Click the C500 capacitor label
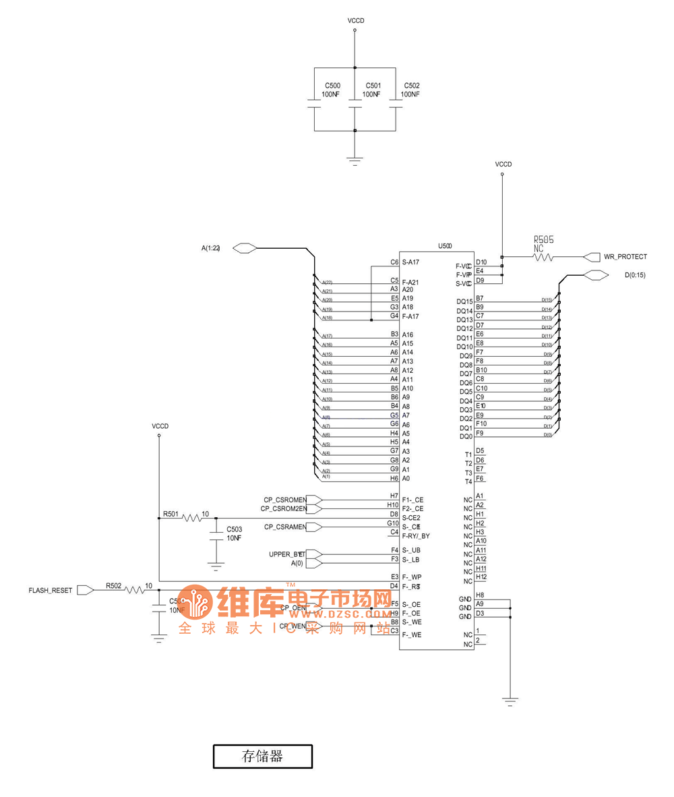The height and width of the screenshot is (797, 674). click(332, 86)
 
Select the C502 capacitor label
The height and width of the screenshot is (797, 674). click(411, 86)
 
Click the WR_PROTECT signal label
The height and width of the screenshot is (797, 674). click(625, 257)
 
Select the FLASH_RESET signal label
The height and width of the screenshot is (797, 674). click(50, 590)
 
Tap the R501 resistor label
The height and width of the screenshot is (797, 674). click(171, 514)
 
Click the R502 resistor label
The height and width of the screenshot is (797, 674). click(113, 586)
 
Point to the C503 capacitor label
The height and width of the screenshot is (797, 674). click(235, 529)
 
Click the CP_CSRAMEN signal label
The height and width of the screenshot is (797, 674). click(285, 527)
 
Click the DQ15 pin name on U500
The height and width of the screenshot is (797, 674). click(464, 302)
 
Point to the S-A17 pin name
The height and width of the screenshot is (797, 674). click(411, 262)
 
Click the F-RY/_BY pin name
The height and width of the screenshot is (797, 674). click(416, 536)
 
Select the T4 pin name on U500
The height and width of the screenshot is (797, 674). click(468, 481)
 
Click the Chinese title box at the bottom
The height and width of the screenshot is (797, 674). click(262, 756)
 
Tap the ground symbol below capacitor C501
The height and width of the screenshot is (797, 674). click(355, 160)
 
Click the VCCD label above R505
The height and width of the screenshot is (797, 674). click(503, 164)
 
